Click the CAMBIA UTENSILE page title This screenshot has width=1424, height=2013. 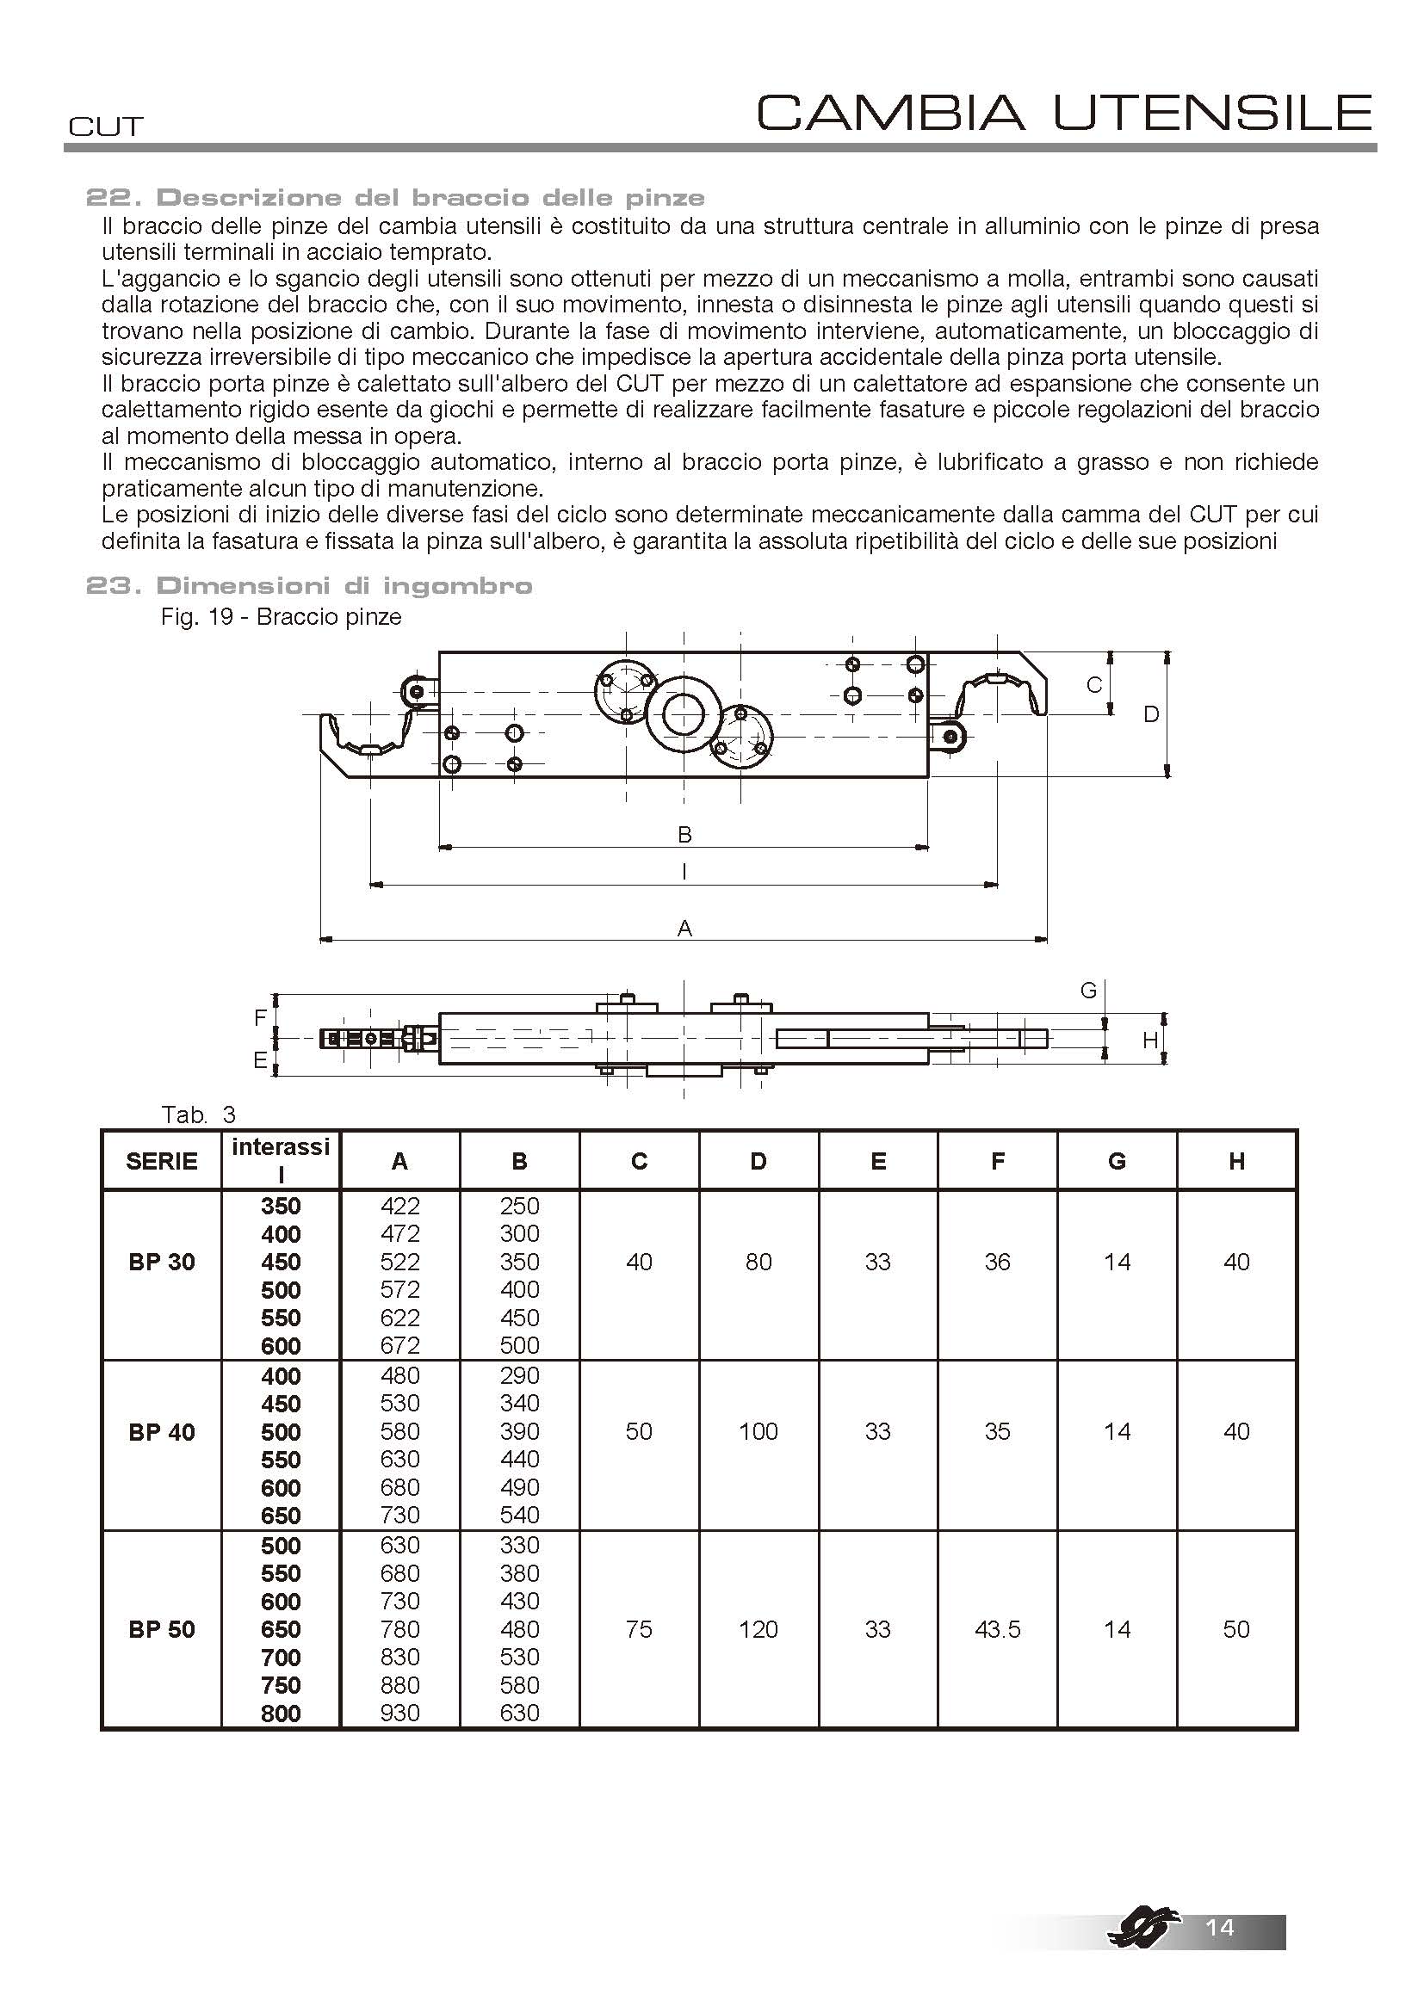[x=1063, y=112]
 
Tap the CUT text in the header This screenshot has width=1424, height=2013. [x=105, y=127]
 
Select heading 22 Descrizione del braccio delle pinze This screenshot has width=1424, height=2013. [x=394, y=197]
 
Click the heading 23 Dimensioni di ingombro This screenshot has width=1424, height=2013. [x=309, y=586]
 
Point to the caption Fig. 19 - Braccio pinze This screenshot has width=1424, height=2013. [x=281, y=617]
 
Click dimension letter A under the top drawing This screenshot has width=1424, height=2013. [x=684, y=928]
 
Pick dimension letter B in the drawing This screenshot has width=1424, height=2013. [x=684, y=835]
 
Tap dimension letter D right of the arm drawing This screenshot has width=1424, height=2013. [x=1151, y=714]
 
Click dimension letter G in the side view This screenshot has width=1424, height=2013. [x=1088, y=991]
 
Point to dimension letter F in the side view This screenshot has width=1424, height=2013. [x=260, y=1018]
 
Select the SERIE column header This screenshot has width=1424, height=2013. [x=161, y=1162]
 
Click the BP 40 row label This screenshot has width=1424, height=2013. [x=161, y=1432]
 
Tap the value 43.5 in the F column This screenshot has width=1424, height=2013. [x=997, y=1629]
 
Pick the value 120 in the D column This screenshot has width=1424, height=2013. [x=758, y=1629]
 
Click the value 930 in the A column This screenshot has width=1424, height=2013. [x=399, y=1713]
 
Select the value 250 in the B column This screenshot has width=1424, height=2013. [x=519, y=1206]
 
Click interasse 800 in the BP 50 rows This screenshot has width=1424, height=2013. [x=281, y=1714]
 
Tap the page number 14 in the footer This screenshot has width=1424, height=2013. [x=1220, y=1927]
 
